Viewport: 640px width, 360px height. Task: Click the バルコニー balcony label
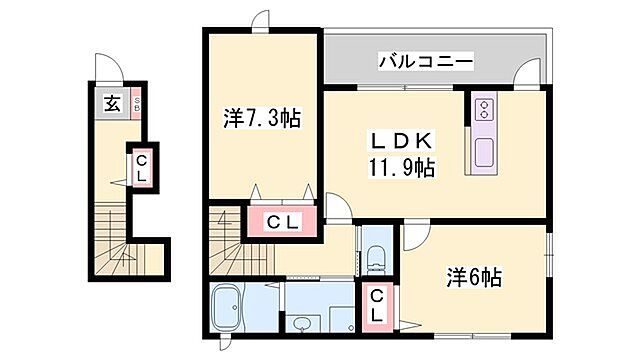click(425, 62)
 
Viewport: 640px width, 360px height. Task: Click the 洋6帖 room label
click(474, 277)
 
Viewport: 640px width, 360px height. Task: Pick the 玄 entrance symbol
click(112, 103)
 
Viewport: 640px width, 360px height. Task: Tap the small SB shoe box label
click(136, 103)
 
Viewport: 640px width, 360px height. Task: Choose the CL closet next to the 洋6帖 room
click(376, 304)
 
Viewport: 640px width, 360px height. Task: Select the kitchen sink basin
click(484, 152)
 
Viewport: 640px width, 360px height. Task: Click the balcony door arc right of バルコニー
click(526, 77)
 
